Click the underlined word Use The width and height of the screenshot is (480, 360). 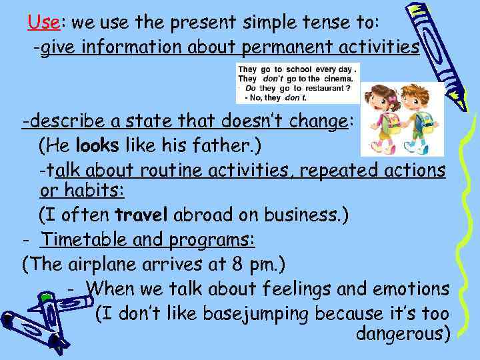(x=44, y=22)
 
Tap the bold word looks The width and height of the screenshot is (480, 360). (x=96, y=145)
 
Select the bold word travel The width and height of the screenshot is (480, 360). (x=142, y=215)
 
